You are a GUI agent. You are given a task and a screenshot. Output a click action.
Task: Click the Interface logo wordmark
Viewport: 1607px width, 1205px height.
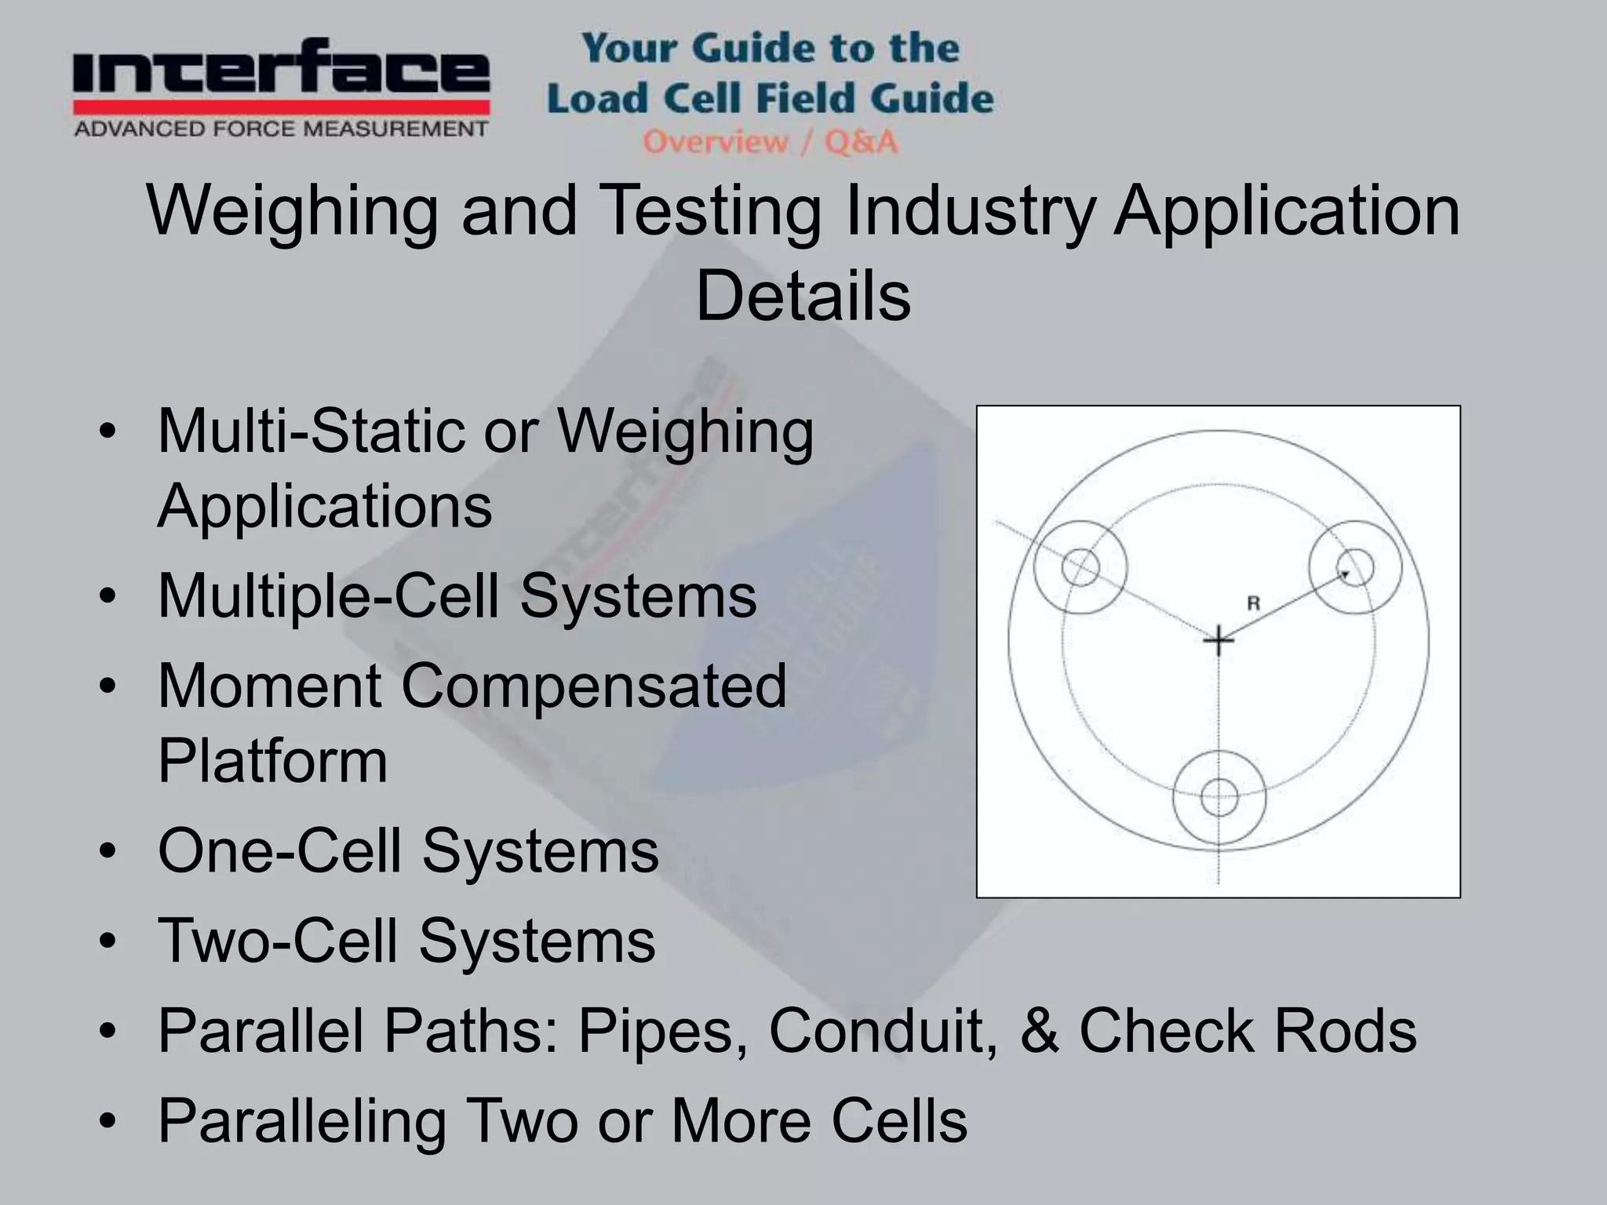pos(281,72)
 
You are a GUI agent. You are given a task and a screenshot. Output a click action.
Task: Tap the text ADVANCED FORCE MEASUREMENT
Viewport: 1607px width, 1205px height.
pos(281,129)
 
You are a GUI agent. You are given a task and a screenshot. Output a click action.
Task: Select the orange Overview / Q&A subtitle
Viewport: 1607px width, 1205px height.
pos(770,142)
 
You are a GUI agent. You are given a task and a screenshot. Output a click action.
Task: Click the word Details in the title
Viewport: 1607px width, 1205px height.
pos(803,297)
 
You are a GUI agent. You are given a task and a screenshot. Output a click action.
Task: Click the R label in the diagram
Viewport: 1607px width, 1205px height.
pos(1253,603)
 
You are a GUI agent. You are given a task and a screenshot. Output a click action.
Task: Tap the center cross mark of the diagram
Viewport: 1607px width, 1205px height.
pos(1218,641)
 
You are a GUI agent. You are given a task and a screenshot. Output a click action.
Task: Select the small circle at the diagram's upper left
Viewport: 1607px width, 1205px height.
pos(1080,566)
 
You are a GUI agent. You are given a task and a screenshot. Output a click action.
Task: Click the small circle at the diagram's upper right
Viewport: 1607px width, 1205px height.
pos(1355,566)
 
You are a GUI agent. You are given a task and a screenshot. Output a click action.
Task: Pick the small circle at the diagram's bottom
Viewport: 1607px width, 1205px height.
pos(1219,798)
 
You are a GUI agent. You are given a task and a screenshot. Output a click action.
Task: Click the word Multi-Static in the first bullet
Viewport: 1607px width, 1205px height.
pos(312,431)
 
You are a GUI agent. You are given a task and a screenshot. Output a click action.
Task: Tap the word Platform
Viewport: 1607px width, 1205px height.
pos(272,760)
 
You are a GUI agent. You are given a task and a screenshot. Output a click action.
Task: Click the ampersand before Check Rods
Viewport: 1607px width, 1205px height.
pos(1040,1031)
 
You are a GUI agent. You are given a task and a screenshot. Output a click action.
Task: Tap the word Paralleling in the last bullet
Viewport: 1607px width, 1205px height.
pos(302,1121)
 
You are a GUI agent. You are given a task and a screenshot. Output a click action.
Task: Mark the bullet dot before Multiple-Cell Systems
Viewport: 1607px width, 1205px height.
pos(108,596)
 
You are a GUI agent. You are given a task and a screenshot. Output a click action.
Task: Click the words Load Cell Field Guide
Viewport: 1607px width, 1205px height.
pos(770,99)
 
